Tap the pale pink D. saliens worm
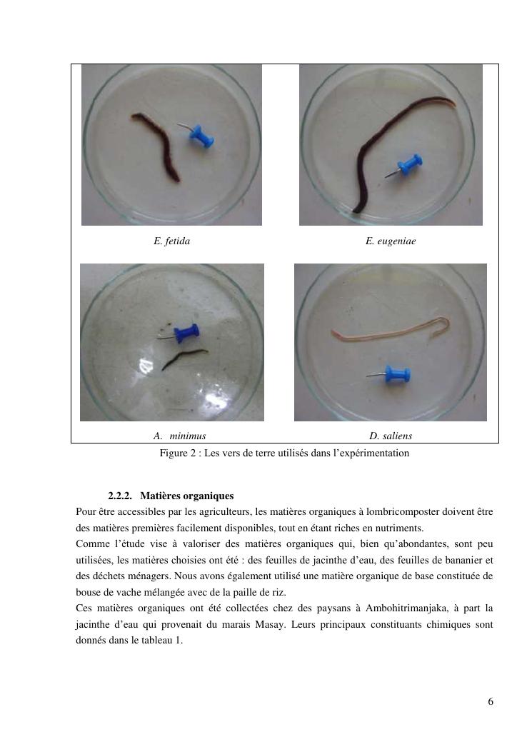[391, 330]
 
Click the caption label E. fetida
[171, 241]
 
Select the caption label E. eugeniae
[391, 241]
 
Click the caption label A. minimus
[179, 436]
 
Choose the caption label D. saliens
[391, 436]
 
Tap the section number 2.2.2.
[120, 496]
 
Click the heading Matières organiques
[187, 496]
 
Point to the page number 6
[491, 701]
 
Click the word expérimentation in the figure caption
[374, 453]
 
